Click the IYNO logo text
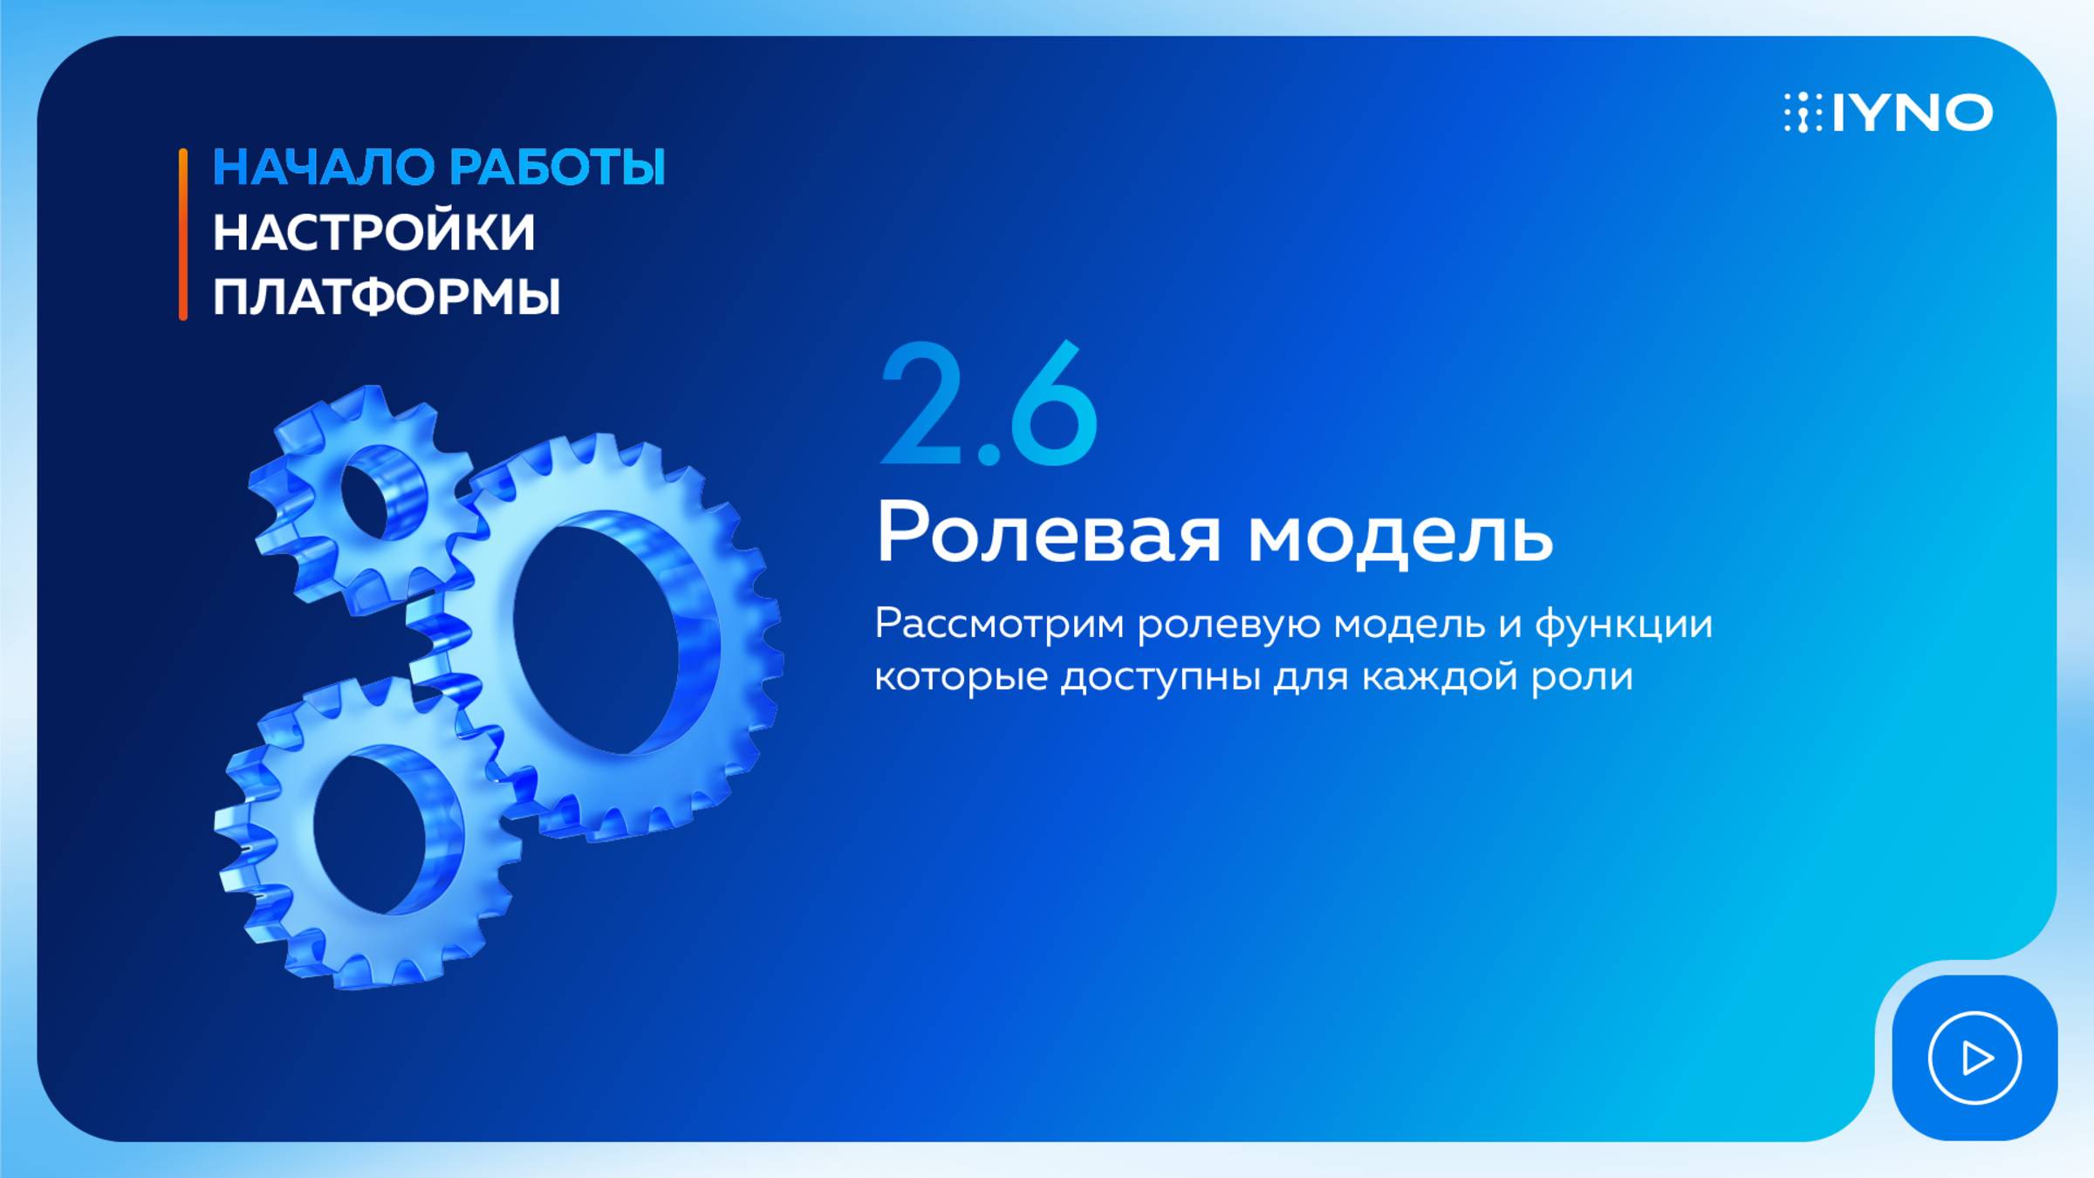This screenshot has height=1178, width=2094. pyautogui.click(x=1913, y=113)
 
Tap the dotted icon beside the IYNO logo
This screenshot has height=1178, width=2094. pyautogui.click(x=1803, y=113)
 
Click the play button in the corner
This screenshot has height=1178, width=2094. pyautogui.click(x=1974, y=1058)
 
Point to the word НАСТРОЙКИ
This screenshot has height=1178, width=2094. pyautogui.click(x=373, y=232)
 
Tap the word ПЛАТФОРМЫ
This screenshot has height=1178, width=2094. pyautogui.click(x=387, y=298)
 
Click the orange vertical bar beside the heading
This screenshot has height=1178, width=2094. pyautogui.click(x=183, y=235)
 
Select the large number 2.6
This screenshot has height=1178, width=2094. pyautogui.click(x=989, y=404)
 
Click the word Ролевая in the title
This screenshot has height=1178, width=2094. pyautogui.click(x=1048, y=532)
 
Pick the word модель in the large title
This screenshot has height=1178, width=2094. pyautogui.click(x=1400, y=534)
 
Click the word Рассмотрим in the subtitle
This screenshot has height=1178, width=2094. pyautogui.click(x=1000, y=625)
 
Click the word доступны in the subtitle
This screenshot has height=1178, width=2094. pyautogui.click(x=1160, y=677)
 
